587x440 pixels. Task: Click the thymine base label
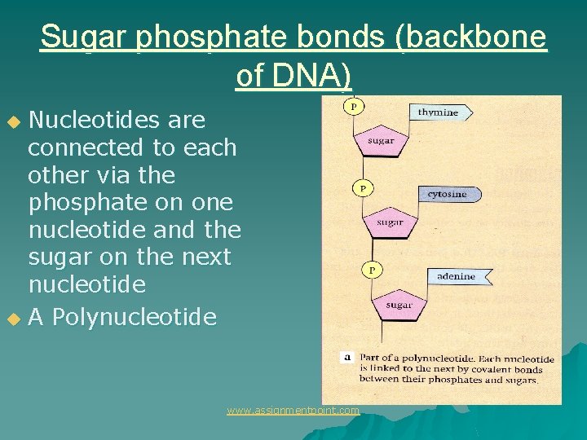(439, 112)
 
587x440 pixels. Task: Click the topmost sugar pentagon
(381, 141)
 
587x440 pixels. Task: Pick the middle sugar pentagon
(390, 222)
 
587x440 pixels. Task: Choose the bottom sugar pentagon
(399, 304)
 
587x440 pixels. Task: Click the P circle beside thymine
(354, 106)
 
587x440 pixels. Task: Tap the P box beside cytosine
(363, 188)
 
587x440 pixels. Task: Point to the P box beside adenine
(373, 269)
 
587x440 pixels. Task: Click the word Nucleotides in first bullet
(93, 121)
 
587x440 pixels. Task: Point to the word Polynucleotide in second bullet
(135, 317)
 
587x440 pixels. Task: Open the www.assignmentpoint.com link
(293, 411)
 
